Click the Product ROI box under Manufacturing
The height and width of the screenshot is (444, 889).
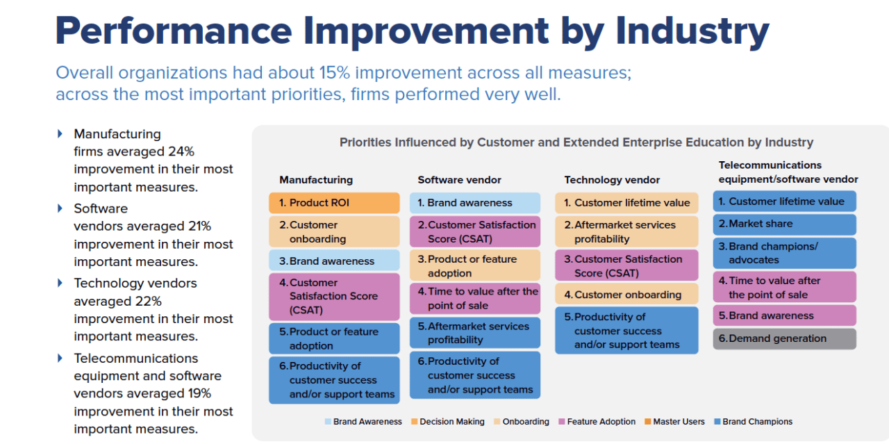point(334,203)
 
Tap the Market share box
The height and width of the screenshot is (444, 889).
point(784,224)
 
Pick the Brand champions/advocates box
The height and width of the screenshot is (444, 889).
point(784,253)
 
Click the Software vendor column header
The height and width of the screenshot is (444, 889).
point(459,179)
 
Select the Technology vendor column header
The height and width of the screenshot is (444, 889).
point(612,179)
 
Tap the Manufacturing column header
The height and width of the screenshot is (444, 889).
point(316,179)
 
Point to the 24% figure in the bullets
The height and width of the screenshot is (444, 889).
point(181,151)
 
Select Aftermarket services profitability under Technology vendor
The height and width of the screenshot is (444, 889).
point(626,232)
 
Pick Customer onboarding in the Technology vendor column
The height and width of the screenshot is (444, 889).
point(626,295)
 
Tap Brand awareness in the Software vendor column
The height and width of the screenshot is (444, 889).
point(474,203)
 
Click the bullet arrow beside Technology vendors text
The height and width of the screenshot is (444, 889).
point(60,283)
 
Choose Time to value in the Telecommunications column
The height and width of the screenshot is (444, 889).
point(784,288)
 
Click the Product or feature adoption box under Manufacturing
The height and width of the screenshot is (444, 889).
point(334,338)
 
